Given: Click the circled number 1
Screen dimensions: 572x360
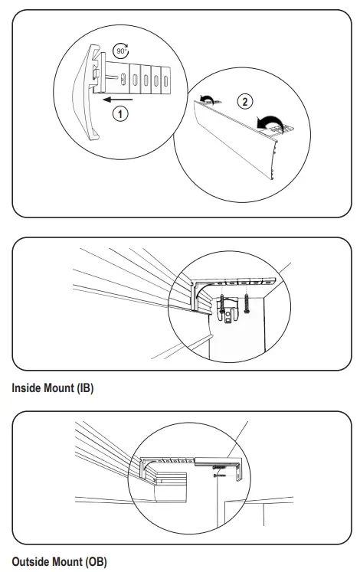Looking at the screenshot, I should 119,113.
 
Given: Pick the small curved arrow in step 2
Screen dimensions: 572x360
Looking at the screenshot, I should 205,98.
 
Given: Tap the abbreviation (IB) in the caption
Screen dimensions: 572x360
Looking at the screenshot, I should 84,388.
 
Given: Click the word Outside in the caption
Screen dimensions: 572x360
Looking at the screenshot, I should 31,562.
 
